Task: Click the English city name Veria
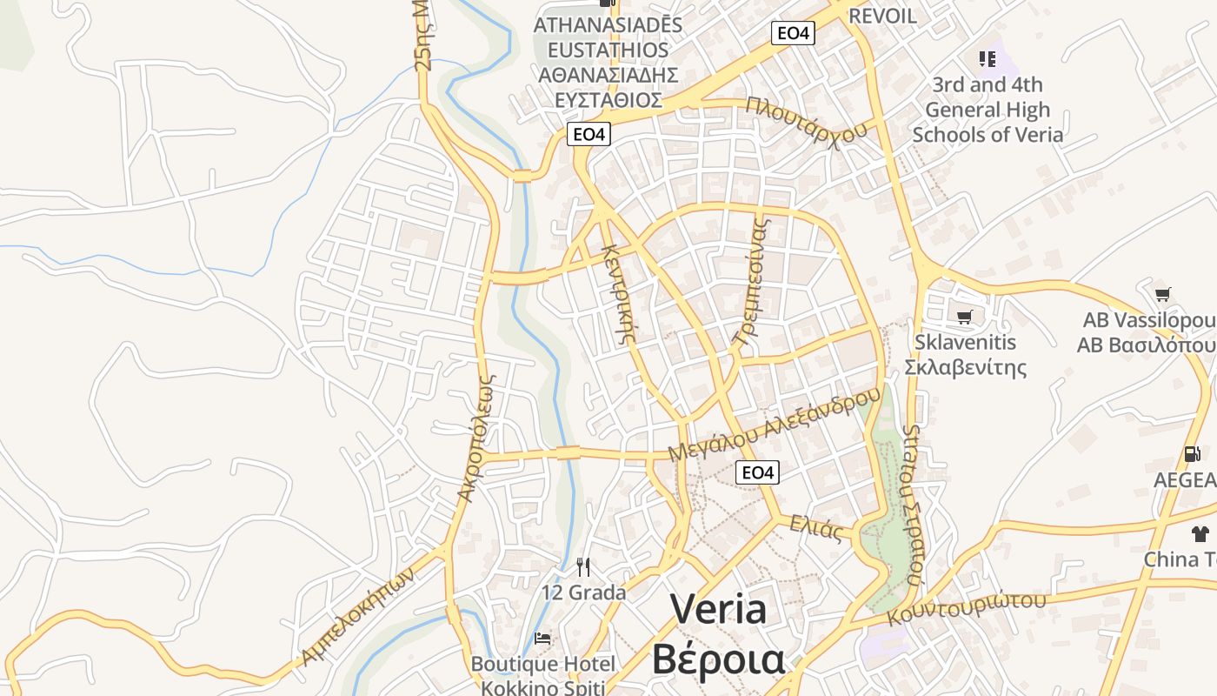pyautogui.click(x=718, y=609)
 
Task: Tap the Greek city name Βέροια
pyautogui.click(x=718, y=659)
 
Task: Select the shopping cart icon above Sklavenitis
pyautogui.click(x=963, y=317)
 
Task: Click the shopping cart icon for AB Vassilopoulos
pyautogui.click(x=1162, y=294)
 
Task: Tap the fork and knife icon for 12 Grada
pyautogui.click(x=583, y=567)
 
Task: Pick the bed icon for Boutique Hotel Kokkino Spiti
pyautogui.click(x=542, y=639)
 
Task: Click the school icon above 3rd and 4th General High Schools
pyautogui.click(x=987, y=59)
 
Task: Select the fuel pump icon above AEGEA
pyautogui.click(x=1190, y=454)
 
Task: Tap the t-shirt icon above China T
pyautogui.click(x=1200, y=533)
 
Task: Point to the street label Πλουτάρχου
pyautogui.click(x=807, y=121)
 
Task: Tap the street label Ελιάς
pyautogui.click(x=816, y=527)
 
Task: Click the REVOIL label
pyautogui.click(x=882, y=16)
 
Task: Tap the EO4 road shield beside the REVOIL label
pyautogui.click(x=793, y=33)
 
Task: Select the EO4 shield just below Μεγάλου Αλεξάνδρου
pyautogui.click(x=757, y=472)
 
